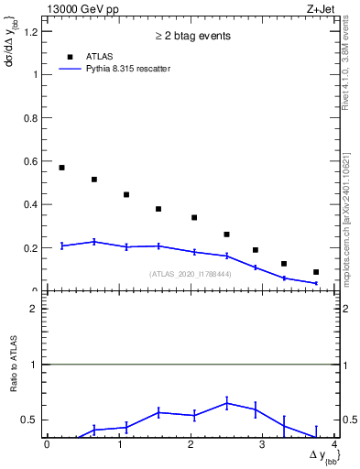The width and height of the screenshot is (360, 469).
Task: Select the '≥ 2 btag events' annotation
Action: [x=191, y=37]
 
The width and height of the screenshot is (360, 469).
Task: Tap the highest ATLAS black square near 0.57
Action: [x=61, y=168]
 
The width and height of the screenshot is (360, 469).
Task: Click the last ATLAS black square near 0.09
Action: [x=316, y=272]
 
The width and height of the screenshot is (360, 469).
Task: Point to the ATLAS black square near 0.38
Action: [x=158, y=209]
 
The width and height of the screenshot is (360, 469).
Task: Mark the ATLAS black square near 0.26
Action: [x=226, y=234]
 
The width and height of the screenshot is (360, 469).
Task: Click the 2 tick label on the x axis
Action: [x=191, y=444]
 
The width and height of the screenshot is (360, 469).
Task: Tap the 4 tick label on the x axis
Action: [x=335, y=444]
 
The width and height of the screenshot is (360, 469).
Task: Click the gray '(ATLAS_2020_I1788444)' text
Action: [x=191, y=274]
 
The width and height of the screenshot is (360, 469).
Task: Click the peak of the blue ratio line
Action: [x=226, y=403]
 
